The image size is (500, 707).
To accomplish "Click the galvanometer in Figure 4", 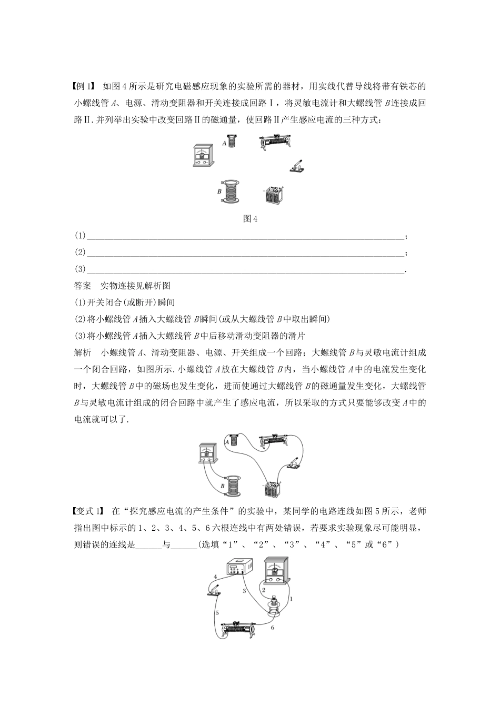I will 202,157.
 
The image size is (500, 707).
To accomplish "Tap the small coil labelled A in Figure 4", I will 235,142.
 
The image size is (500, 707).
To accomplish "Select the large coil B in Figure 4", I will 232,191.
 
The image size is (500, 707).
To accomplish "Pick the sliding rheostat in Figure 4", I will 273,144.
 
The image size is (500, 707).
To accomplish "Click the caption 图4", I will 249,219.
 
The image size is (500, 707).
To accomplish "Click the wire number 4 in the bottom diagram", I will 215,577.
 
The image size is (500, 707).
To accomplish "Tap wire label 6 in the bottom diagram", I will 272,628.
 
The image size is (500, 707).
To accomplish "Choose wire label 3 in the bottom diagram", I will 244,591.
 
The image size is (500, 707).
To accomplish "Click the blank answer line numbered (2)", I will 245,252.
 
